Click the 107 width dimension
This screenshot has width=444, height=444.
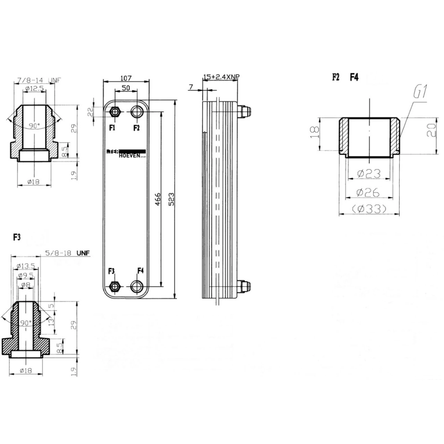pos(126,78)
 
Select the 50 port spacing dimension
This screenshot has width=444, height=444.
pos(126,88)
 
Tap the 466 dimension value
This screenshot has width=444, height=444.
pos(157,199)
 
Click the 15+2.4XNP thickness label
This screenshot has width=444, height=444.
pos(221,76)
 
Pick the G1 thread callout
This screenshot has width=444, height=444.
pos(420,93)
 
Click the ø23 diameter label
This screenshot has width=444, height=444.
pos(369,173)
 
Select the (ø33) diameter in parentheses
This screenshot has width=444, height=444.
pos(369,209)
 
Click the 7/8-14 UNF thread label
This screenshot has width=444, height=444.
pos(39,80)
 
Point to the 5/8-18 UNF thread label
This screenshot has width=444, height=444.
pos(67,253)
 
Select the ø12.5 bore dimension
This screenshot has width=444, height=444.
pos(34,89)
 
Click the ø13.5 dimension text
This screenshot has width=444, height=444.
pos(26,266)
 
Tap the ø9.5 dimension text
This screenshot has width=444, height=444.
pos(25,275)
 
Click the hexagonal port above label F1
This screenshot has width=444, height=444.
pos(114,112)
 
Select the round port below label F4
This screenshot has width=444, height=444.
pos(137,287)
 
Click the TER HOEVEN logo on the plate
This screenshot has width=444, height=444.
pos(126,154)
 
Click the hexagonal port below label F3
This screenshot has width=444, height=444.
pos(114,287)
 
